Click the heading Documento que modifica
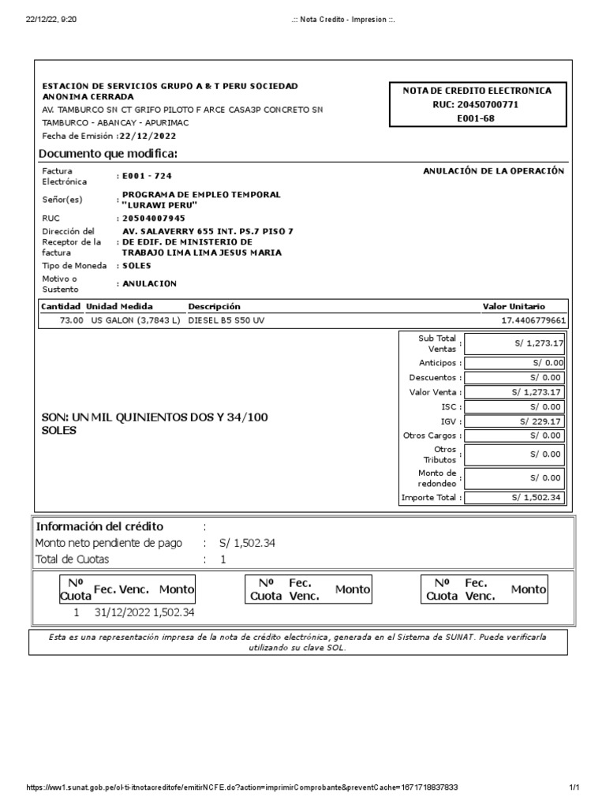coord(109,153)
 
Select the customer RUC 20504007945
coord(153,218)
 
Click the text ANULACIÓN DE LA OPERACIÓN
coord(494,171)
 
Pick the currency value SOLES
coord(137,266)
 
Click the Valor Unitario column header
coord(514,306)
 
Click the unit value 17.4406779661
coord(533,320)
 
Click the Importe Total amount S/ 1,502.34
coord(536,497)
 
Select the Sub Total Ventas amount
coord(537,343)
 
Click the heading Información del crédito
coord(99,526)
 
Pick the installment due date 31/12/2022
coord(122,612)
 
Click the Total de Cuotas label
coord(73,559)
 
